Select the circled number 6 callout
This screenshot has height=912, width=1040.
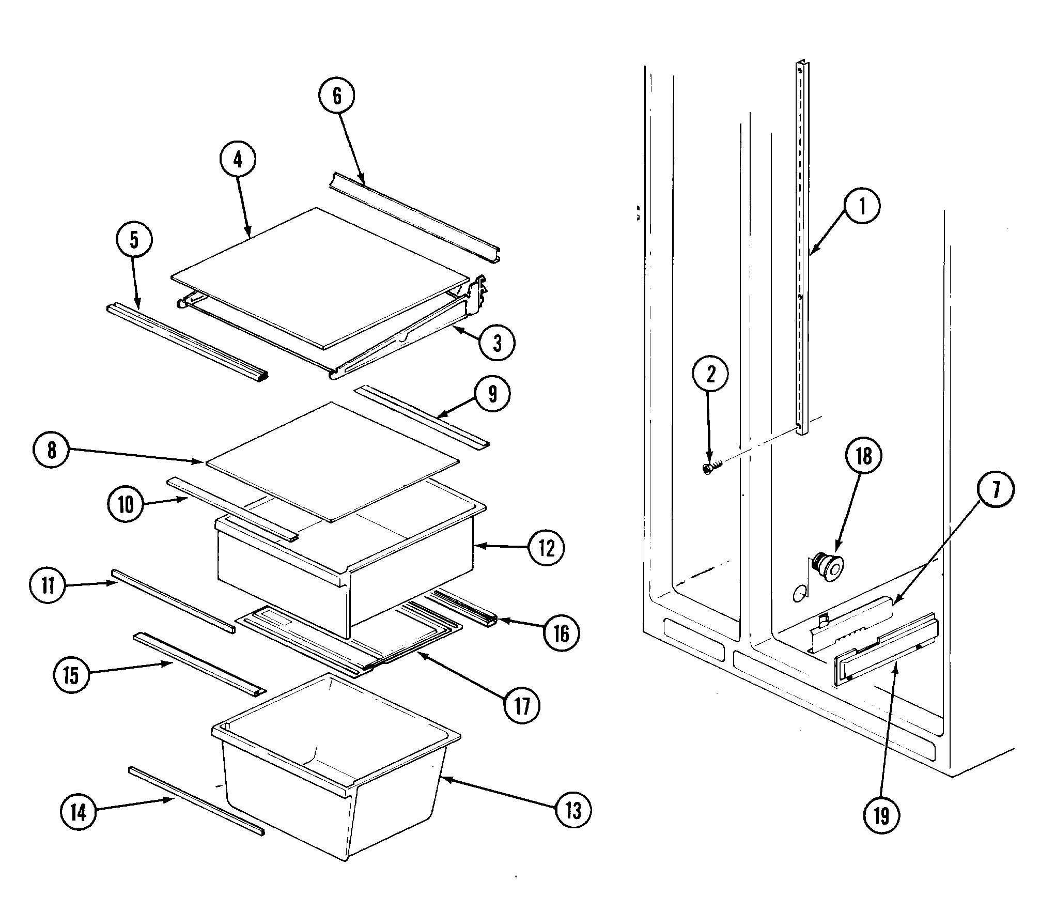click(x=337, y=96)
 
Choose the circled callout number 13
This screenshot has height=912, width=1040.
click(x=573, y=811)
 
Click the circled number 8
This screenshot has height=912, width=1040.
click(x=51, y=450)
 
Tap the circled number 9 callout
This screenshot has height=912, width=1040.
click(x=492, y=394)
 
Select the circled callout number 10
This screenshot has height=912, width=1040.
click(x=126, y=505)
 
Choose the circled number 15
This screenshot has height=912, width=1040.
click(x=71, y=675)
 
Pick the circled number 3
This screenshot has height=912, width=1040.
click(x=497, y=343)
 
